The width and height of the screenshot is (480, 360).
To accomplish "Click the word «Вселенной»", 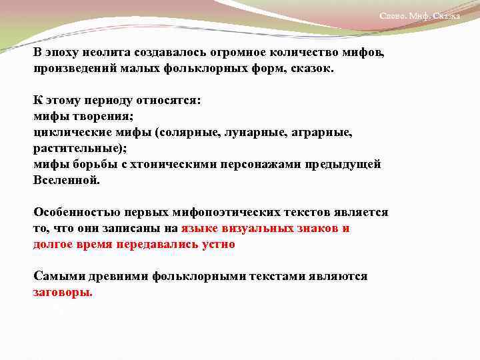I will (67, 180).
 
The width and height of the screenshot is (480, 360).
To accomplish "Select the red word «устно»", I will (217, 244).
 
